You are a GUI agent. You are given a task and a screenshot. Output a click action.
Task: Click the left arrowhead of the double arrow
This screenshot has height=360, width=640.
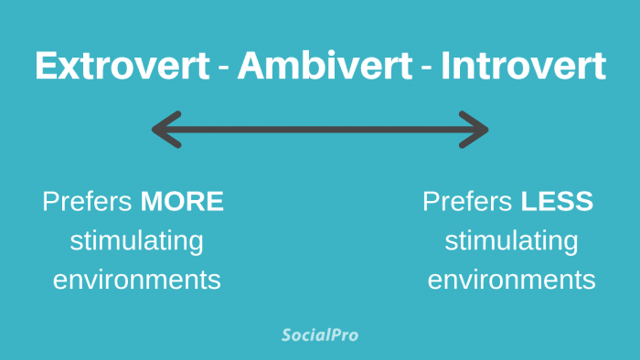pyautogui.click(x=165, y=130)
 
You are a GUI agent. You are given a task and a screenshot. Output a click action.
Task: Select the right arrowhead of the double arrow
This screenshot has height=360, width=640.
pyautogui.click(x=476, y=130)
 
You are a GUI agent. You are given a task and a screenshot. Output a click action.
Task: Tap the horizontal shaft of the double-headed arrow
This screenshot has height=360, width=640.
pyautogui.click(x=320, y=130)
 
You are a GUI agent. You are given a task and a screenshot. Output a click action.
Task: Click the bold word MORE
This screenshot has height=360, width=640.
pyautogui.click(x=182, y=202)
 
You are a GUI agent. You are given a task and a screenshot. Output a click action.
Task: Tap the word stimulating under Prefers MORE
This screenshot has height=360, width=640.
pyautogui.click(x=136, y=241)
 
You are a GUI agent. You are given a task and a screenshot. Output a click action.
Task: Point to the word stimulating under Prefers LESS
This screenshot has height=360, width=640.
pyautogui.click(x=511, y=241)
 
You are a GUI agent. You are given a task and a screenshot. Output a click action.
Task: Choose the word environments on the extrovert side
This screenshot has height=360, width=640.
pyautogui.click(x=136, y=280)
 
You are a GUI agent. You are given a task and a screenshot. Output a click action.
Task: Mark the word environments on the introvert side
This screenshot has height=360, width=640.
pyautogui.click(x=511, y=280)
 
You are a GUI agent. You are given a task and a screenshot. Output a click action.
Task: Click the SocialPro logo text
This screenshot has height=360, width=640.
pyautogui.click(x=319, y=335)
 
